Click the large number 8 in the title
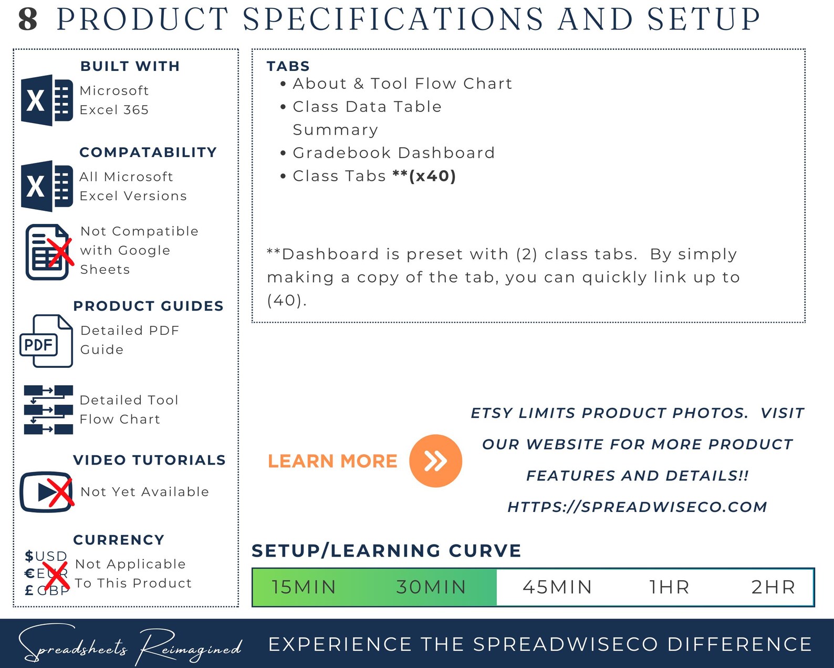click(x=28, y=19)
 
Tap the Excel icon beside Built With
click(x=47, y=100)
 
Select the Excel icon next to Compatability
click(x=47, y=186)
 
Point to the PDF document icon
click(x=46, y=341)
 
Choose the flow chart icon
click(x=48, y=409)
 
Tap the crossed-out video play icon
click(x=47, y=491)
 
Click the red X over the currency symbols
click(x=56, y=574)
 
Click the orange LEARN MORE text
click(x=332, y=461)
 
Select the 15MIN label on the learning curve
click(x=304, y=587)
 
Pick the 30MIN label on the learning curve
click(x=431, y=587)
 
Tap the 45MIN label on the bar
click(x=557, y=587)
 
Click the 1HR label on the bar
click(x=669, y=587)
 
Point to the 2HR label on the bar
click(x=773, y=587)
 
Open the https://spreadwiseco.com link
click(x=637, y=507)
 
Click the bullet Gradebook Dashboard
click(x=393, y=153)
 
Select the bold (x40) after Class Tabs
click(x=432, y=176)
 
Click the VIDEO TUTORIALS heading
click(x=149, y=460)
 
